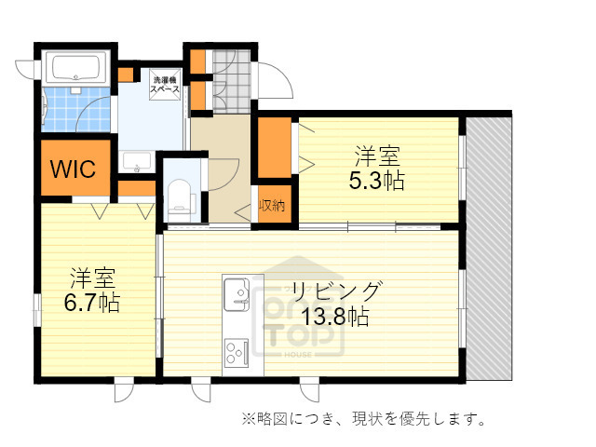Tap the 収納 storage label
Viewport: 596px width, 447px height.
pos(272,205)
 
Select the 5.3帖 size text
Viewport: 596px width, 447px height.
pos(376,181)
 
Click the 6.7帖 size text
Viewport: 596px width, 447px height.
pos(91,302)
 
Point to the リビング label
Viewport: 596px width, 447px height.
pos(334,290)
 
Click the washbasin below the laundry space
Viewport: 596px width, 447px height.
pos(138,162)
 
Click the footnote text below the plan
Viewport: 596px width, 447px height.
pos(364,418)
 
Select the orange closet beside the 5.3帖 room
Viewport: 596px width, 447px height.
pos(275,147)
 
